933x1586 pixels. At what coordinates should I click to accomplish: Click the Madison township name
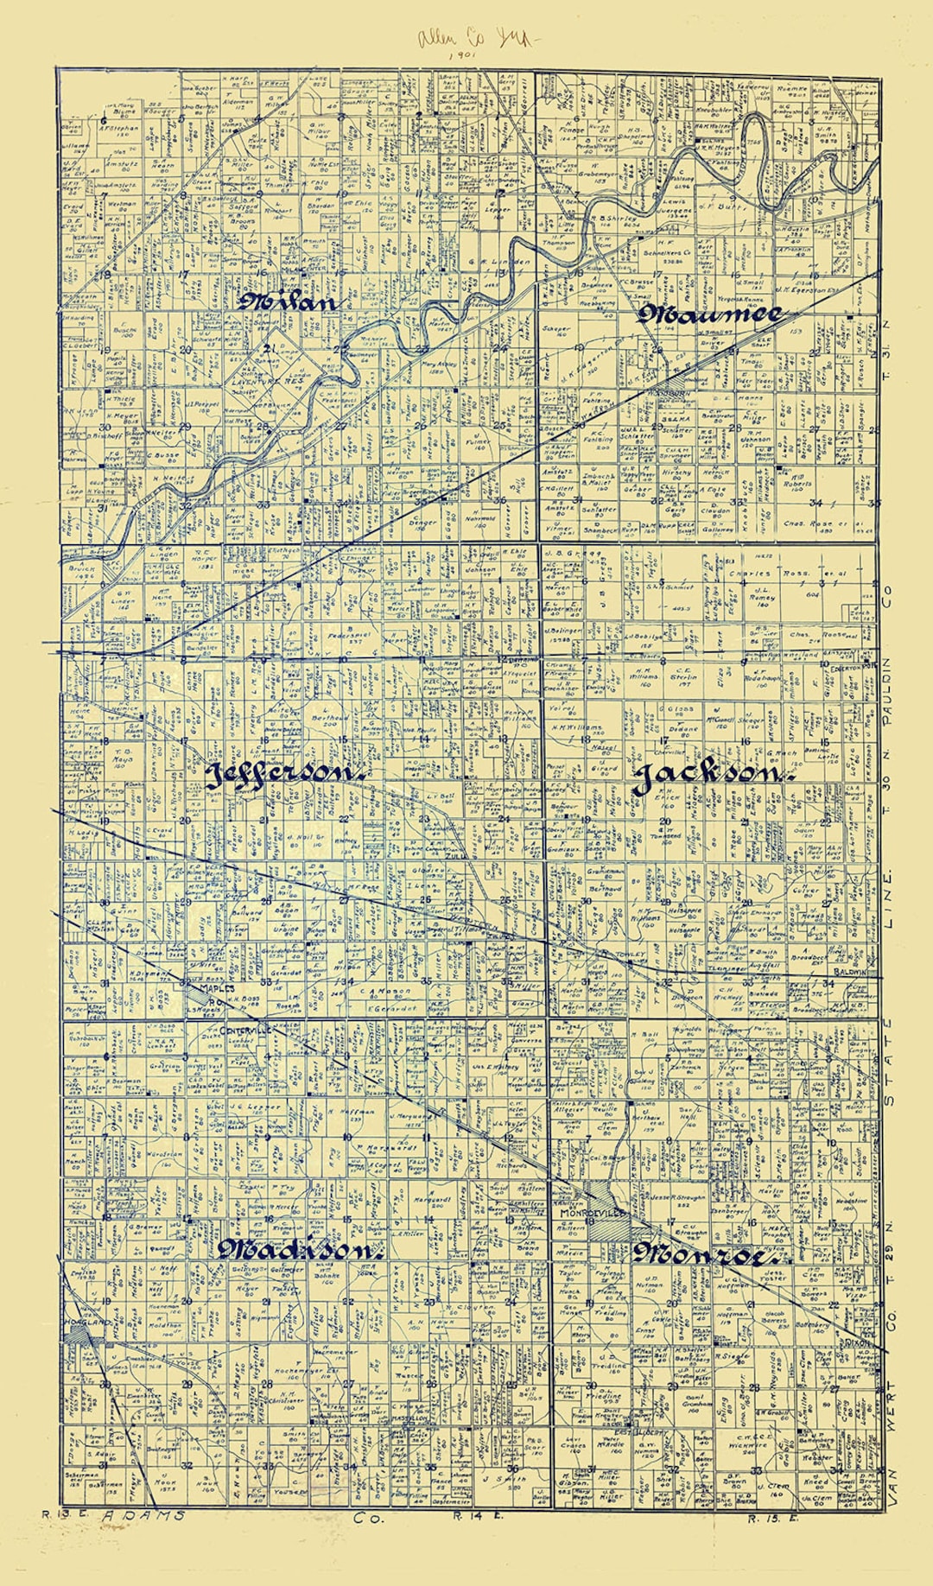point(298,1250)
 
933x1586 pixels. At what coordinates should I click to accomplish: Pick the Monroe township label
point(704,1254)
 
